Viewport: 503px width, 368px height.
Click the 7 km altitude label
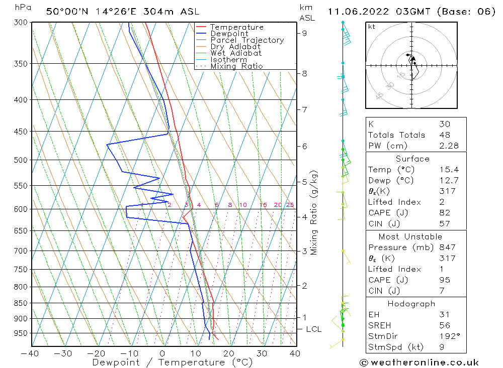click(304, 109)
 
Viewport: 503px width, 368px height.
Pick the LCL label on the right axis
click(313, 329)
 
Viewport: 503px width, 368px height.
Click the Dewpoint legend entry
click(229, 34)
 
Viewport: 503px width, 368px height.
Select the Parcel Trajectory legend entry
click(246, 40)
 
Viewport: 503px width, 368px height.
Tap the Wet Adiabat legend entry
click(235, 53)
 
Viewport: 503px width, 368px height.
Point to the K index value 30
click(444, 124)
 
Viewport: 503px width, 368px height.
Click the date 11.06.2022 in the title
click(358, 12)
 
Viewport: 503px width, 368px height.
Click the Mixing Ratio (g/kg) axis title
click(314, 212)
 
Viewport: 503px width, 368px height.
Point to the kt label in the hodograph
click(371, 27)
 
